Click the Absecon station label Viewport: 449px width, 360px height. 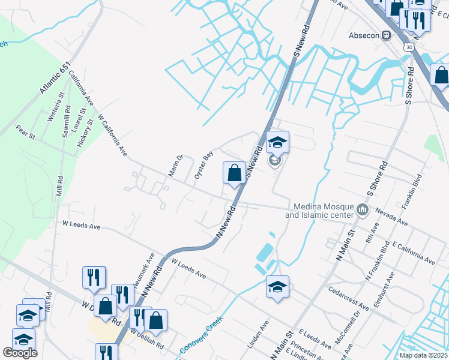tap(364, 35)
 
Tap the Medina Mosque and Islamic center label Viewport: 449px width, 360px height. tap(320, 210)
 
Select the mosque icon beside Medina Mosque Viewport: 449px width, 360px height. tap(362, 209)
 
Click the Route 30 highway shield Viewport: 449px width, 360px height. tap(409, 46)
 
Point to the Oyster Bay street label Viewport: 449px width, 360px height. tap(204, 166)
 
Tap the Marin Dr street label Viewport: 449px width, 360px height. tap(175, 166)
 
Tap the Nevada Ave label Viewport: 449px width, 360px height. tap(391, 217)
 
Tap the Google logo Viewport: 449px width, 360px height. tap(20, 353)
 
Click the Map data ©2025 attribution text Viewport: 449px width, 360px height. tap(423, 355)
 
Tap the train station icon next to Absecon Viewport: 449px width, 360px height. tap(387, 35)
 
